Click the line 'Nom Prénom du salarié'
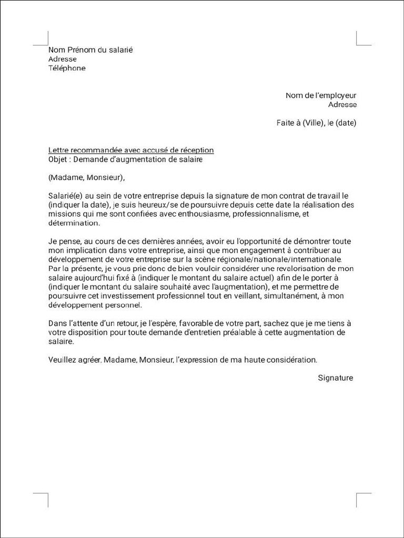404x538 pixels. coord(90,50)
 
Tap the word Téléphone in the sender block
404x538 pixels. coord(67,68)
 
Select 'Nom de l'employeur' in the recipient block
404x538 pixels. coord(321,96)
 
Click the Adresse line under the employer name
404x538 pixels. coord(342,105)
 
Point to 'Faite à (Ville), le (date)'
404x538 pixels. coord(316,123)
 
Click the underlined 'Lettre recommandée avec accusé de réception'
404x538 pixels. coord(131,150)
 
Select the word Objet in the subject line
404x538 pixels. coord(59,159)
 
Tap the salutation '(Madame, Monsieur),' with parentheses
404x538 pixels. coord(87,178)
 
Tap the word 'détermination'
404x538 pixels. coord(73,223)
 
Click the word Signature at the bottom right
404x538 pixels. coord(336,378)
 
